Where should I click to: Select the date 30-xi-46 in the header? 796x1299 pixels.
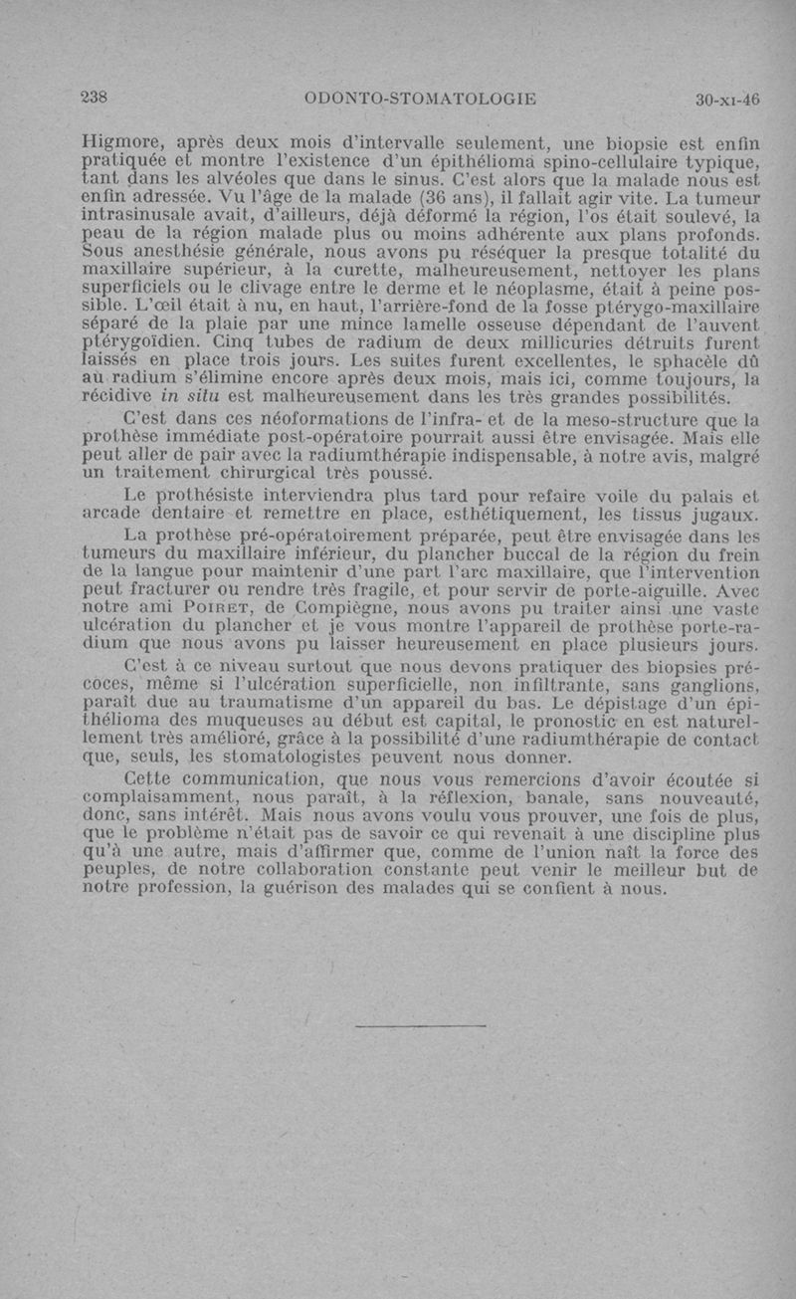727,99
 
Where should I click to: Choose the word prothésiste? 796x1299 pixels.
207,496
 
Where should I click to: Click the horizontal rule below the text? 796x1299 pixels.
420,1024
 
